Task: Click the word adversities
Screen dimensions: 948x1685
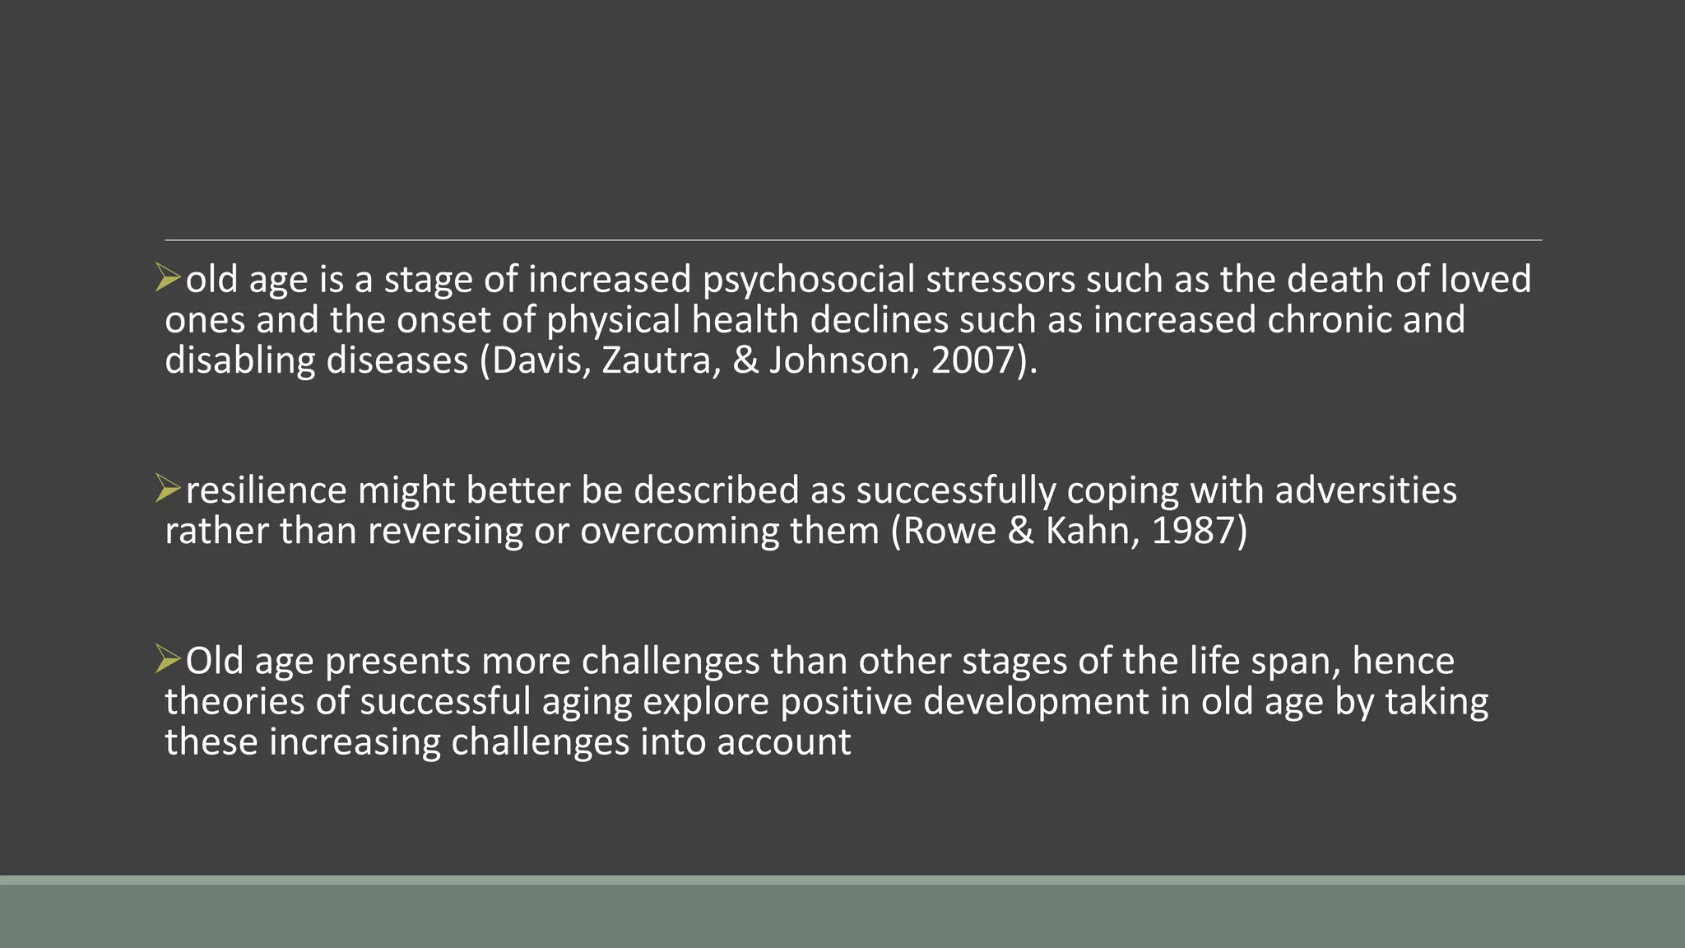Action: pyautogui.click(x=1366, y=491)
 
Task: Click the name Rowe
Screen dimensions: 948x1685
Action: pyautogui.click(x=949, y=532)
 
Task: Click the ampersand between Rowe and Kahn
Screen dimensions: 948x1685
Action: pyautogui.click(x=1020, y=532)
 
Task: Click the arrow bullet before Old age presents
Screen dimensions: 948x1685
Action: pyautogui.click(x=168, y=659)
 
